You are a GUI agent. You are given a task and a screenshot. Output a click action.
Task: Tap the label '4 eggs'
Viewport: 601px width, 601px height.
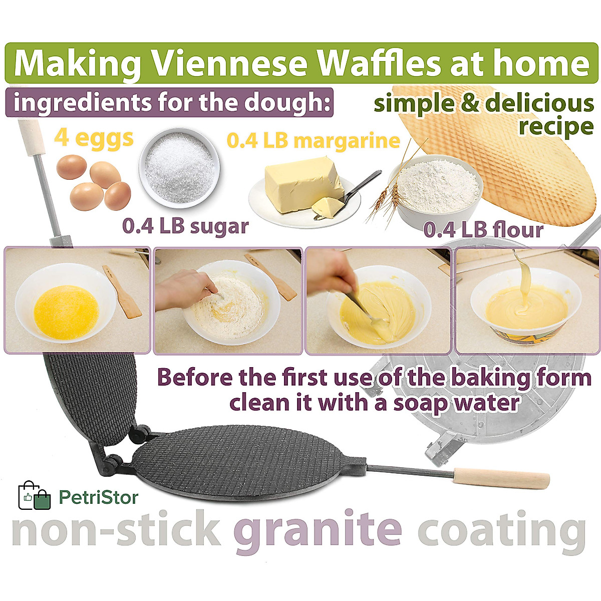[x=94, y=138]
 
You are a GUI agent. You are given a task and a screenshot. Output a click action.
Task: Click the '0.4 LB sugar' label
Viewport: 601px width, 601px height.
[x=185, y=226]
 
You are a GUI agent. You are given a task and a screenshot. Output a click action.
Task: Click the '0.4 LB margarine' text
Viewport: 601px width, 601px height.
[x=314, y=141]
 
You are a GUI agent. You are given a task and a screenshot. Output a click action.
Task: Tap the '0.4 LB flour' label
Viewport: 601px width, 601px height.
[x=483, y=230]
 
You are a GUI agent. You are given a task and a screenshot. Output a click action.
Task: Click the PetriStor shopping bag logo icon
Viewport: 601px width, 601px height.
[x=35, y=496]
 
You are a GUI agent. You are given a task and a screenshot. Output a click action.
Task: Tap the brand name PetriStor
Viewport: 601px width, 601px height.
[x=99, y=497]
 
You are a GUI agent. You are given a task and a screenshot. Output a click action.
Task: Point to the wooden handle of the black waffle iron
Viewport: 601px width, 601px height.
[x=501, y=478]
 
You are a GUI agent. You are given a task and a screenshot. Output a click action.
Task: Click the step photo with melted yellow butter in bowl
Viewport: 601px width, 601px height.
[x=77, y=300]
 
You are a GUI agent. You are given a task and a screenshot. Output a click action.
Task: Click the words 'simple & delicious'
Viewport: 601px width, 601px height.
[x=483, y=104]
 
